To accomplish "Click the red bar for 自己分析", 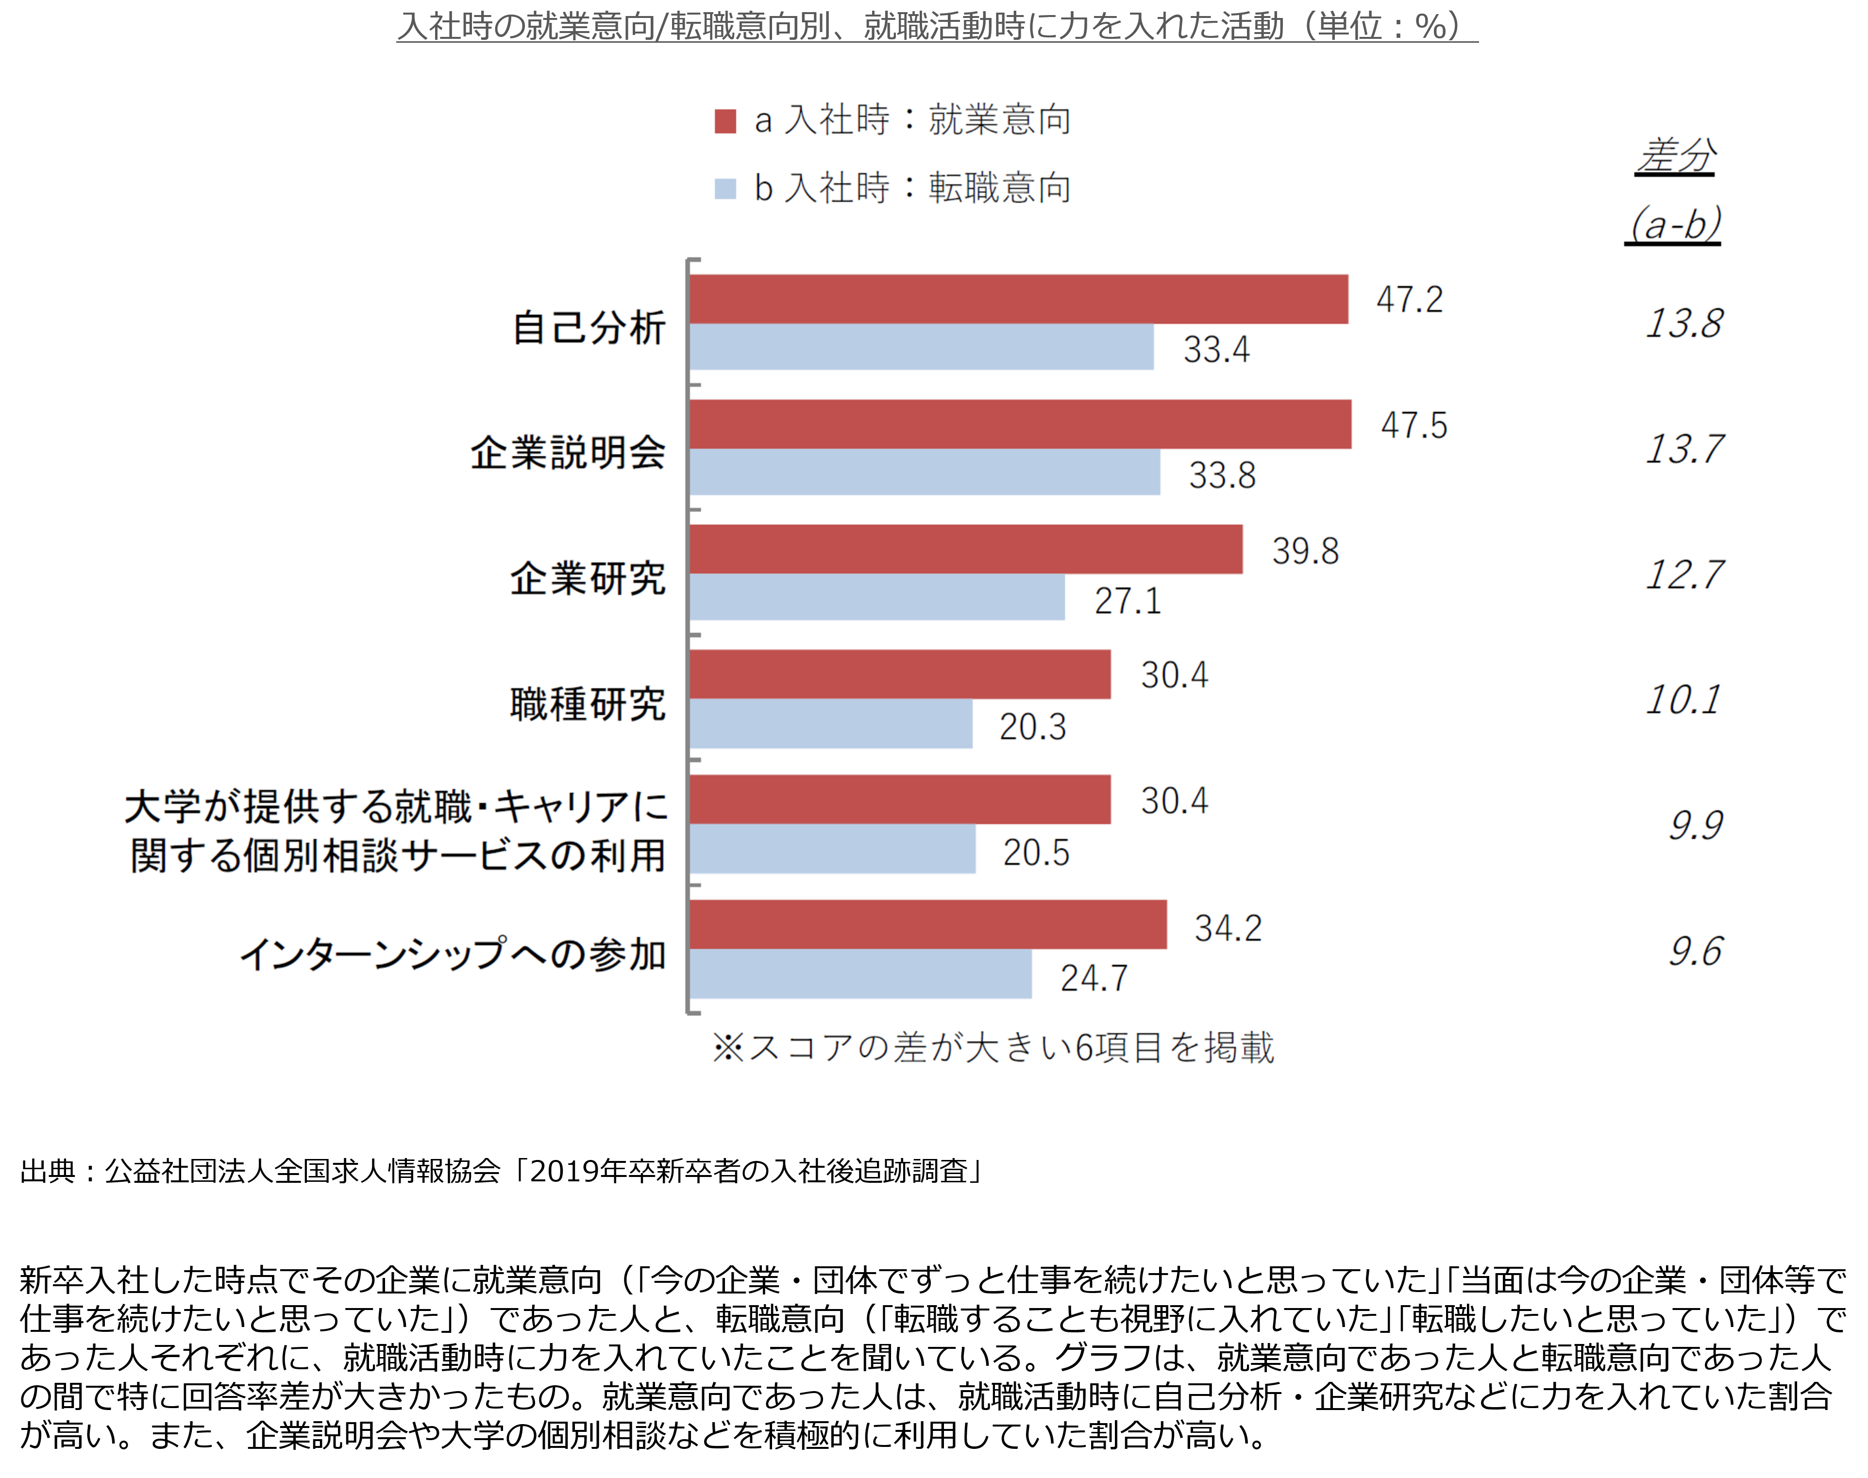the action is tap(1018, 300).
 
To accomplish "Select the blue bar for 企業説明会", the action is tap(925, 471).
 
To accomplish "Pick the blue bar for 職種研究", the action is tap(831, 723).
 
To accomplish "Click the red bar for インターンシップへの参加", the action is tap(927, 924).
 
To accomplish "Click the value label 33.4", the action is tap(1216, 350).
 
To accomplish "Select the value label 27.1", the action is tap(1128, 601).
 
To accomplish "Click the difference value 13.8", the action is tap(1683, 324).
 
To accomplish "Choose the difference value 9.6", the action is tap(1696, 952).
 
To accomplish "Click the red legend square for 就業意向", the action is tap(725, 121).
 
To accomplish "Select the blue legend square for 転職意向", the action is tap(725, 189).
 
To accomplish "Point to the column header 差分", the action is tap(1676, 156).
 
